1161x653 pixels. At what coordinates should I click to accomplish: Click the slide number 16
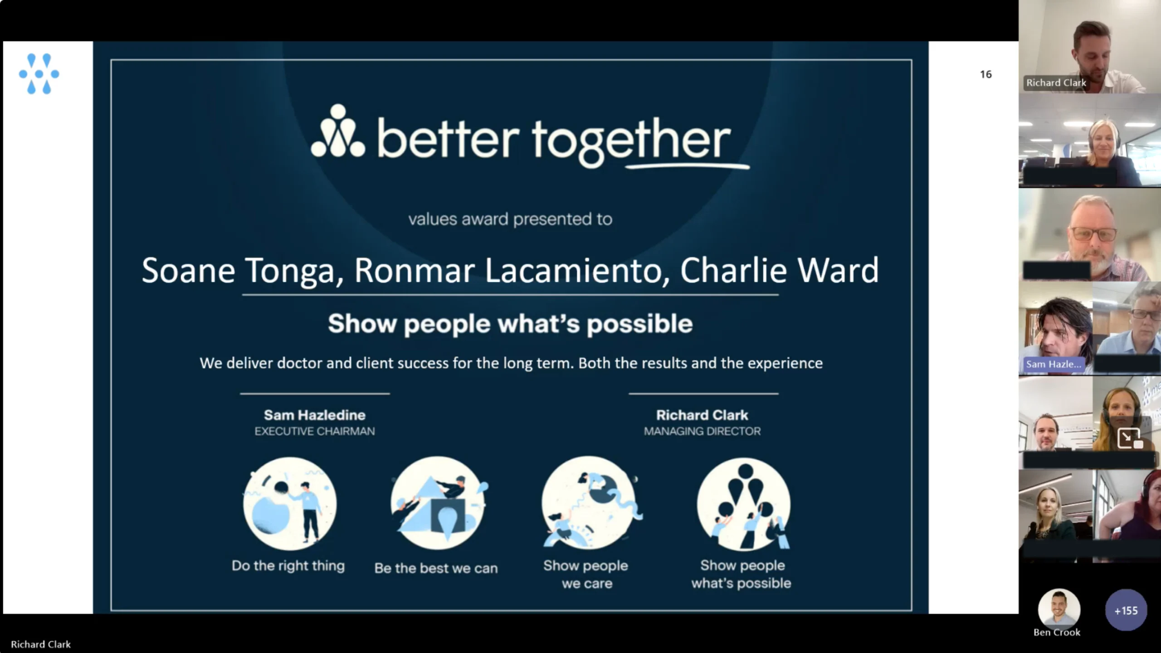coord(985,74)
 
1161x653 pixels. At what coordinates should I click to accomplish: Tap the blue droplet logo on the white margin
coord(39,74)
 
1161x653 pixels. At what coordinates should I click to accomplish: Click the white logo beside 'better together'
coord(338,131)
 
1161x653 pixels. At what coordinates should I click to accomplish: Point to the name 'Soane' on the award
coord(188,270)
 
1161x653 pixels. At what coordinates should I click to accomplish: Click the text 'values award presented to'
coord(510,219)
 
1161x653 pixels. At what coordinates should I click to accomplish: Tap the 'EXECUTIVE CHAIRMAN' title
coord(315,431)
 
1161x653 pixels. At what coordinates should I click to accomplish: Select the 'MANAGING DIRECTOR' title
coord(702,431)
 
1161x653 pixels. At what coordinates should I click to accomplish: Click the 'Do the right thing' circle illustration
coord(290,503)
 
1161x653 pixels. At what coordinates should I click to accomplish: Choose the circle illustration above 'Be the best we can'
coord(438,503)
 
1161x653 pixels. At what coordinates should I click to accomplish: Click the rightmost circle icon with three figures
coord(744,504)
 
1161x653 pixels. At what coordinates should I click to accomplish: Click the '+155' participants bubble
coord(1126,610)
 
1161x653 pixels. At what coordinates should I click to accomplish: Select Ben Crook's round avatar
coord(1059,609)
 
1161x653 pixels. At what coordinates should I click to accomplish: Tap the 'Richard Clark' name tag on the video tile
coord(1056,83)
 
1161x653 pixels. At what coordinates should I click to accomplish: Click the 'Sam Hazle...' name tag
coord(1054,364)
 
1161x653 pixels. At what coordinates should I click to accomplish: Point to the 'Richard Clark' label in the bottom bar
coord(41,644)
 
